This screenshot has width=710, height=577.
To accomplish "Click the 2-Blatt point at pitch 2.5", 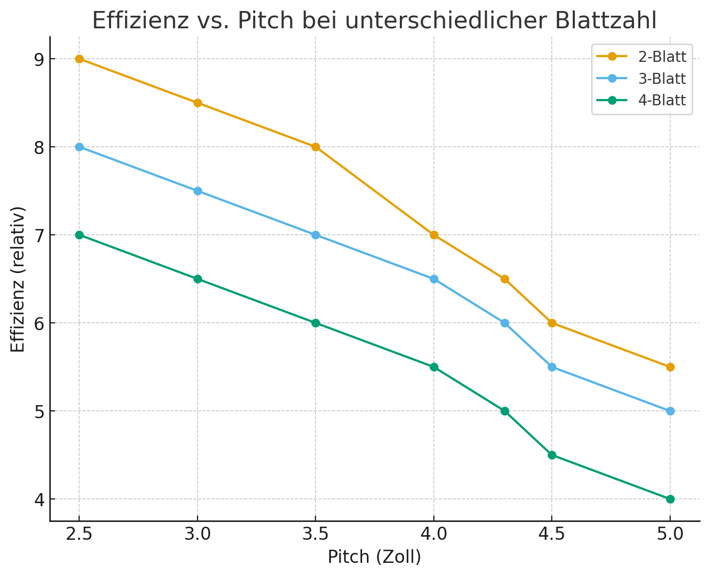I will click(x=79, y=59).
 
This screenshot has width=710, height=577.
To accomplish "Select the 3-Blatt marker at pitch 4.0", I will click(x=434, y=279).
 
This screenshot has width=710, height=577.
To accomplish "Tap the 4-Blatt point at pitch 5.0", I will click(x=670, y=499).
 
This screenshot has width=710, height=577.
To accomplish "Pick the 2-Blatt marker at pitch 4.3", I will click(x=505, y=279).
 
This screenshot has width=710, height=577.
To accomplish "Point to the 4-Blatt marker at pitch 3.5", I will click(x=315, y=323).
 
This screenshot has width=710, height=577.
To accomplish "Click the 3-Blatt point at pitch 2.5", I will click(x=79, y=147).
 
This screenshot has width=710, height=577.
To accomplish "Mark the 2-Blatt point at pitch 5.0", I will click(x=670, y=367).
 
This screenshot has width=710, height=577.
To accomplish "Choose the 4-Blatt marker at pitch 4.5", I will click(x=552, y=455).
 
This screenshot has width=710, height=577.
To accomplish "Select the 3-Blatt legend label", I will click(x=662, y=79).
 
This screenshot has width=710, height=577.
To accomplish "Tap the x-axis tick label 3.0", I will click(x=198, y=535).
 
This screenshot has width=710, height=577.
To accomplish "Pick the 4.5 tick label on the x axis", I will click(x=552, y=535).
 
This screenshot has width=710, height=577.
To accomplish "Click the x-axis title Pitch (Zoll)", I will click(x=374, y=557).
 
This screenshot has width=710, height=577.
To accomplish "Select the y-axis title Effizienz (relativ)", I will click(x=18, y=279).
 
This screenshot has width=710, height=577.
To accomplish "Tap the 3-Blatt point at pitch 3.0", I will click(x=198, y=191).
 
